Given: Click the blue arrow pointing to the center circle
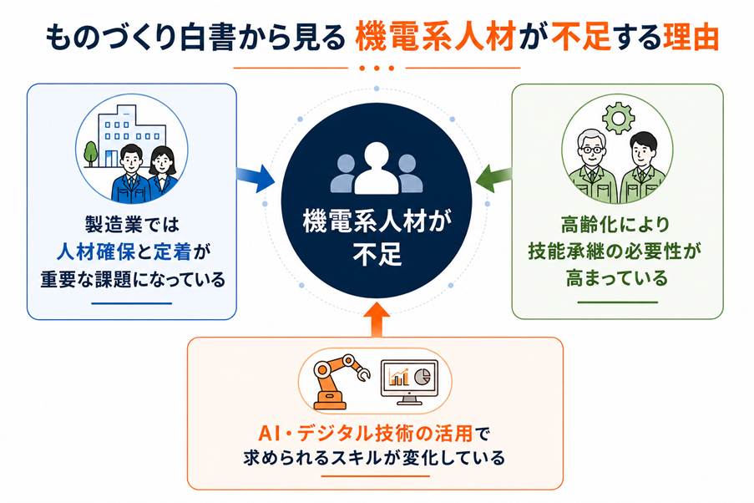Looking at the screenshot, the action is tap(256, 177).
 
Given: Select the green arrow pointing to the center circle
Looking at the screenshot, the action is tap(493, 177).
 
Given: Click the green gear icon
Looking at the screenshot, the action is tap(618, 118).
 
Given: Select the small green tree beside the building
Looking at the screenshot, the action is tap(91, 153).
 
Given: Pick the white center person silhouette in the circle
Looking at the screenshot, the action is tap(377, 169).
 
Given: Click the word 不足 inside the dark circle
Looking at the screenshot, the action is tap(377, 254).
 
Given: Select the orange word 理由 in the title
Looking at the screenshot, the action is tap(691, 38).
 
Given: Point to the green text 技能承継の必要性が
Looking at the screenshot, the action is tap(615, 251).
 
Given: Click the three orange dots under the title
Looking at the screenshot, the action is tap(377, 69).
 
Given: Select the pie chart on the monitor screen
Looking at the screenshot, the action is tap(423, 377).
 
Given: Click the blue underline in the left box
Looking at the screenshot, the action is tap(131, 303).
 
